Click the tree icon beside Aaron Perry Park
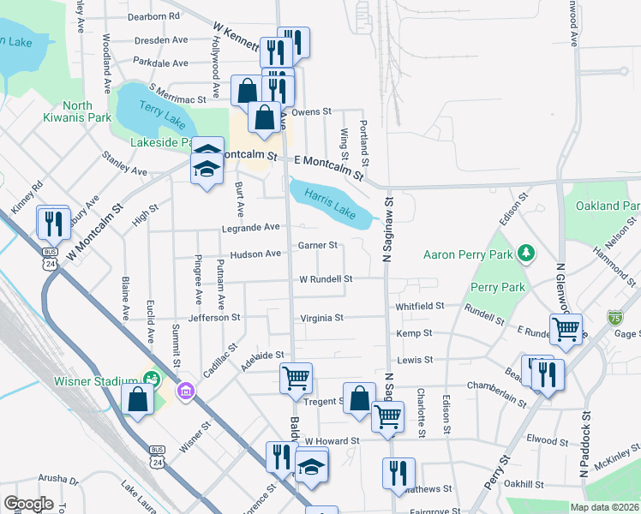[x=530, y=254]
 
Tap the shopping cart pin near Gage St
[x=566, y=330]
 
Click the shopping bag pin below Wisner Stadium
[x=138, y=400]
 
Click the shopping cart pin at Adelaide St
[x=296, y=379]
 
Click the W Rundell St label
[x=326, y=279]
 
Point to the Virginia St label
[x=321, y=318]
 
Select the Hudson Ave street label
[x=255, y=254]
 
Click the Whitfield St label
[x=420, y=306]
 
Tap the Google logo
[x=28, y=504]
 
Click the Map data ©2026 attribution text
[x=604, y=507]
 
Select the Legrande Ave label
[x=250, y=227]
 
